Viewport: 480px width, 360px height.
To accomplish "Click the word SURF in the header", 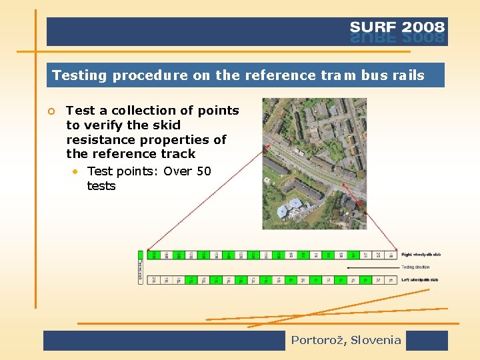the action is pyautogui.click(x=373, y=27).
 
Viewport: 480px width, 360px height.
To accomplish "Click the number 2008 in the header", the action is pyautogui.click(x=423, y=27).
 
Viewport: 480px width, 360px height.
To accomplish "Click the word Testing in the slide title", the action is pyautogui.click(x=79, y=75).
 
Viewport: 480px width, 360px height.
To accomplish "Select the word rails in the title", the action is pyautogui.click(x=408, y=75).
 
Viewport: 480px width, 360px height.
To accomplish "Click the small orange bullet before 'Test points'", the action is pyautogui.click(x=77, y=171).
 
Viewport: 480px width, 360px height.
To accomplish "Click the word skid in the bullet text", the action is pyautogui.click(x=166, y=125).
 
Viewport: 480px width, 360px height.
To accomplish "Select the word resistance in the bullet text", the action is pyautogui.click(x=99, y=140).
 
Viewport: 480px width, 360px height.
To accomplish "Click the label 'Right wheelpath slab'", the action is pyautogui.click(x=421, y=255).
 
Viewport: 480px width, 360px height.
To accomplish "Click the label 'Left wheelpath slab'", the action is pyautogui.click(x=420, y=280).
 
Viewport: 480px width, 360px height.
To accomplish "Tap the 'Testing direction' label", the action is pyautogui.click(x=415, y=267).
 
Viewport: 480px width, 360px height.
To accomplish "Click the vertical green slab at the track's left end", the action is pyautogui.click(x=141, y=267).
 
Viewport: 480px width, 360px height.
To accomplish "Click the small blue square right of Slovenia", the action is pyautogui.click(x=427, y=341).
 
